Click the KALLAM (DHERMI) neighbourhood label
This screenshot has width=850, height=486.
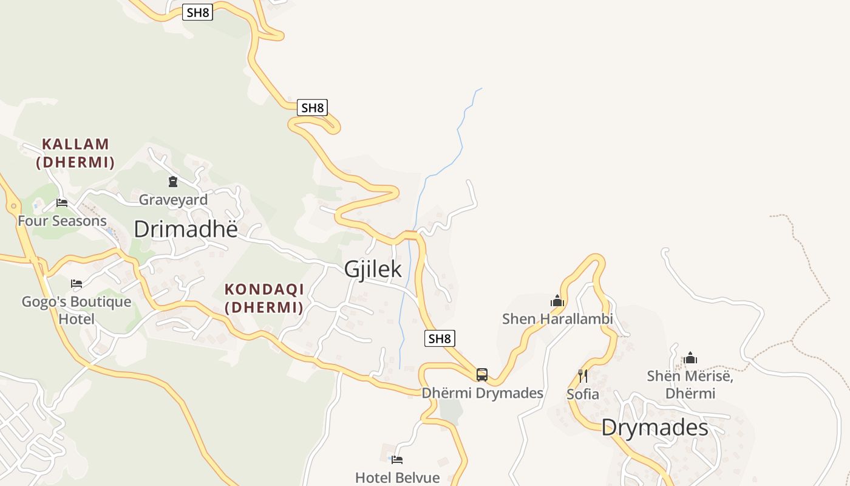75,153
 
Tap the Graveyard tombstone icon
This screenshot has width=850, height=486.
173,181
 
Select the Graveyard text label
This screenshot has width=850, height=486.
173,199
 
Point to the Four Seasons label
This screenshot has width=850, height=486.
62,221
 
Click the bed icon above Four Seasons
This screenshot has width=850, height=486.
61,202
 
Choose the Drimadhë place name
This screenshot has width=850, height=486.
185,229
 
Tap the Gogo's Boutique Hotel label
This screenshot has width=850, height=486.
76,310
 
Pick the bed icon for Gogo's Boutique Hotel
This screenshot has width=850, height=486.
76,283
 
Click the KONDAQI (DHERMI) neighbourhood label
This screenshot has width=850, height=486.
263,298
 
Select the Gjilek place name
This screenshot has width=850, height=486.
373,269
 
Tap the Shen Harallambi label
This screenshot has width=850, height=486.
557,319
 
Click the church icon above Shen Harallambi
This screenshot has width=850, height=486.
557,301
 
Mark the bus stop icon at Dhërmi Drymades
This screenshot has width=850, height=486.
481,374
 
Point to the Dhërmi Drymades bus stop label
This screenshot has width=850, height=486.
482,393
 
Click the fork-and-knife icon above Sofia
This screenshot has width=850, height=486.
582,375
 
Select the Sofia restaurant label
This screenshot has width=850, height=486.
582,394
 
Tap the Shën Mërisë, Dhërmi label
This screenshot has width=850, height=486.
690,385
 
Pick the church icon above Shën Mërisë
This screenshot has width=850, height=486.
690,358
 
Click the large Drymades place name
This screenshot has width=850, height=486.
654,428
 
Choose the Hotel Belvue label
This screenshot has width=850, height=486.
397,477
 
